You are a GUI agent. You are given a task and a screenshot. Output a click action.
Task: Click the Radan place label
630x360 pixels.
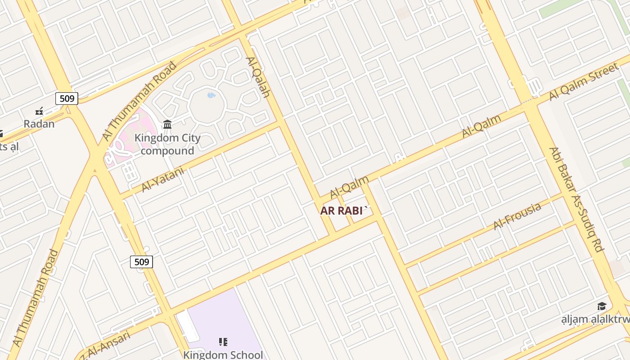tap(39, 124)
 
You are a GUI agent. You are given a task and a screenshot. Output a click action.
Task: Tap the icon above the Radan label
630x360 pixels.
tap(39, 111)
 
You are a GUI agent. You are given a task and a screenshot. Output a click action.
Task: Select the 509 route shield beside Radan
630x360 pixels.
tap(67, 98)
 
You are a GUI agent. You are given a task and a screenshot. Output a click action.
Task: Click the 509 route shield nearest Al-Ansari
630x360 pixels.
tap(142, 261)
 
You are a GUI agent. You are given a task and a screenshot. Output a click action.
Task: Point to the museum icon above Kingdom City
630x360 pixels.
tap(167, 124)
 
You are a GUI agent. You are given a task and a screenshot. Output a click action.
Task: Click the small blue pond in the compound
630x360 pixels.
tap(211, 95)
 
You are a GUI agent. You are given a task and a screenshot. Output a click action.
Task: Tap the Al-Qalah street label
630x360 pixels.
tap(258, 77)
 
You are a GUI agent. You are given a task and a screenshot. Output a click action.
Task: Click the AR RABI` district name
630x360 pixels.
tap(345, 211)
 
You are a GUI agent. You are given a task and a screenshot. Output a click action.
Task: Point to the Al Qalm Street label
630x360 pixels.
tap(584, 82)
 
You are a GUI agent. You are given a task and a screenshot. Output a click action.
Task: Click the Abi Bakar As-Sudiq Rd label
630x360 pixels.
tap(576, 199)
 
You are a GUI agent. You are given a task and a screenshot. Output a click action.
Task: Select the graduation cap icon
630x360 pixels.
tap(602, 306)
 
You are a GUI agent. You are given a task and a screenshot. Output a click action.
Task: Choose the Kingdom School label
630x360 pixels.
tap(223, 354)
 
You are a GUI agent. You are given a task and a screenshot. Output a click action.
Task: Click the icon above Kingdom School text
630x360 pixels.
tap(223, 342)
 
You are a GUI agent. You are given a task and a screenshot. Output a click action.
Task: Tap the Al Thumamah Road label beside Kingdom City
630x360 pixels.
tap(139, 101)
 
